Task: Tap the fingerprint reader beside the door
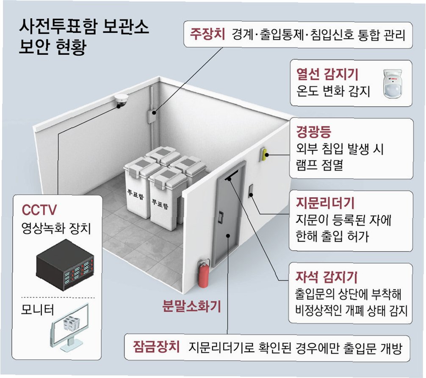251,190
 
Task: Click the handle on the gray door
221,218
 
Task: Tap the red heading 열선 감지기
327,75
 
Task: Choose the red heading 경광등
314,132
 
